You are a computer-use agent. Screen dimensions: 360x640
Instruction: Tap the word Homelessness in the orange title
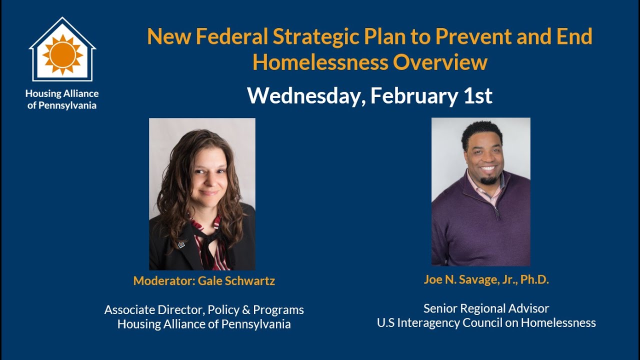320,62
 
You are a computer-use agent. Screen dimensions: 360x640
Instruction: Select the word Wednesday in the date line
303,96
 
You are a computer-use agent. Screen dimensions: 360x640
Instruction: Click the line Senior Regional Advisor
486,308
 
